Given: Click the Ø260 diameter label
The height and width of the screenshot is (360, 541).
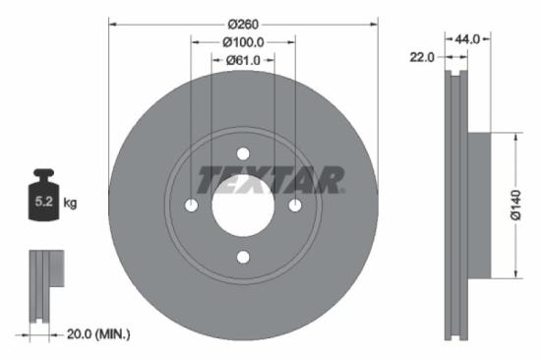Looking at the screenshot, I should point(243,23).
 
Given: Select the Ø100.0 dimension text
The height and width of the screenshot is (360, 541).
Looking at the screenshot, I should point(243,42).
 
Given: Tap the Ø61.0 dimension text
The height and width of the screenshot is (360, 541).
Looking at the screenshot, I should point(243,61).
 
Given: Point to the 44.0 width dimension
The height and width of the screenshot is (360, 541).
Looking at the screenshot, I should point(466,38).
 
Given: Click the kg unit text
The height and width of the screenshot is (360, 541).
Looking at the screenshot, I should point(70,204).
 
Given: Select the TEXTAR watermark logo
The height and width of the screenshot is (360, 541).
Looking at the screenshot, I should point(270,179).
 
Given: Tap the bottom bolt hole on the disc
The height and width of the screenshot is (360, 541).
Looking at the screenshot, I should point(243,258).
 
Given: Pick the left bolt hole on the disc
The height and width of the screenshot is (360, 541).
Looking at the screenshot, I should point(191,205).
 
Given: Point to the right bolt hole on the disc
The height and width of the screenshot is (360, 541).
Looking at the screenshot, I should point(295,205).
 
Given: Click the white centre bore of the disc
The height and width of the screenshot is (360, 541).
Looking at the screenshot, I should point(243,206).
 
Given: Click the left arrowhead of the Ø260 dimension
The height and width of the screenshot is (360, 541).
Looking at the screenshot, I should point(111,23).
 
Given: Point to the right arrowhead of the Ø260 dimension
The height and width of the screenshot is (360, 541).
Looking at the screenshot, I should point(375,23).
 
